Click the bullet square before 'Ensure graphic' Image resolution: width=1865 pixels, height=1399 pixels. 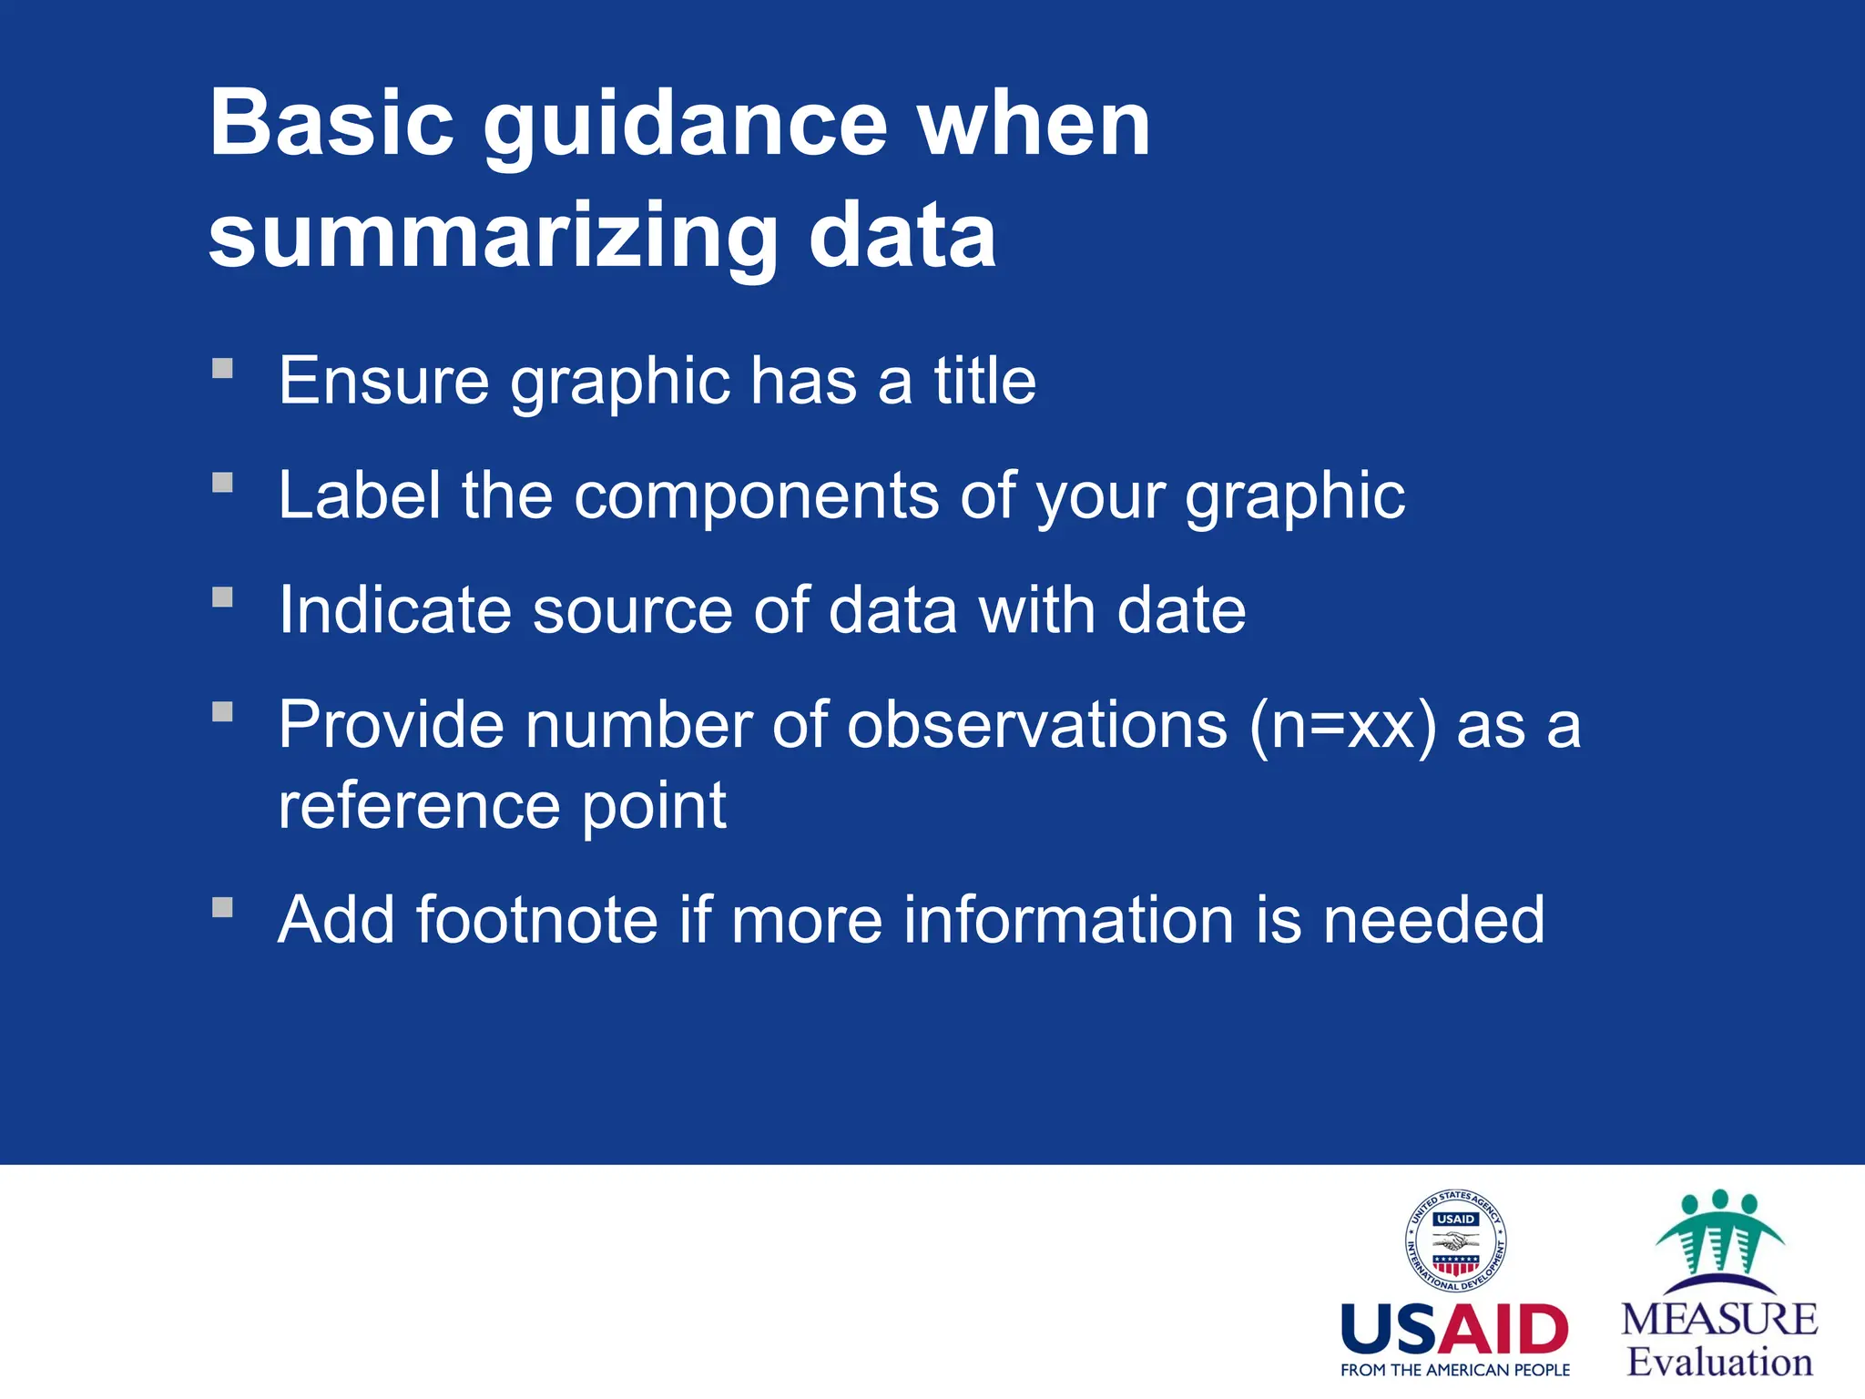point(223,368)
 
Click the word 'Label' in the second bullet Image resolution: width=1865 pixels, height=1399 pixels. point(359,495)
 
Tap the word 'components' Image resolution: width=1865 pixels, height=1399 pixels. point(756,497)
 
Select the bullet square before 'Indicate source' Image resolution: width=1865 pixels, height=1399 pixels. point(223,597)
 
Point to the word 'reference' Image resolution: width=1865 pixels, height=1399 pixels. point(419,805)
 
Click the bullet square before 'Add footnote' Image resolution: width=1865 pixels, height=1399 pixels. point(223,907)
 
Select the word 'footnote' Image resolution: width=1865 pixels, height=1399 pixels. point(536,919)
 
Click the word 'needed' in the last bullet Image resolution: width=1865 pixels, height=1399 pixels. point(1433,919)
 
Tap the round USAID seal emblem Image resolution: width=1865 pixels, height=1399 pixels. point(1454,1241)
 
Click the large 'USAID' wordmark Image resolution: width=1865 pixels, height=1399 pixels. point(1454,1330)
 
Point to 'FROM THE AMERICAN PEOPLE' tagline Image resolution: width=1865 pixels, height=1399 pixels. point(1454,1370)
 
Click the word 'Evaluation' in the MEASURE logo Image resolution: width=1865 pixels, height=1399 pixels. point(1719,1363)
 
